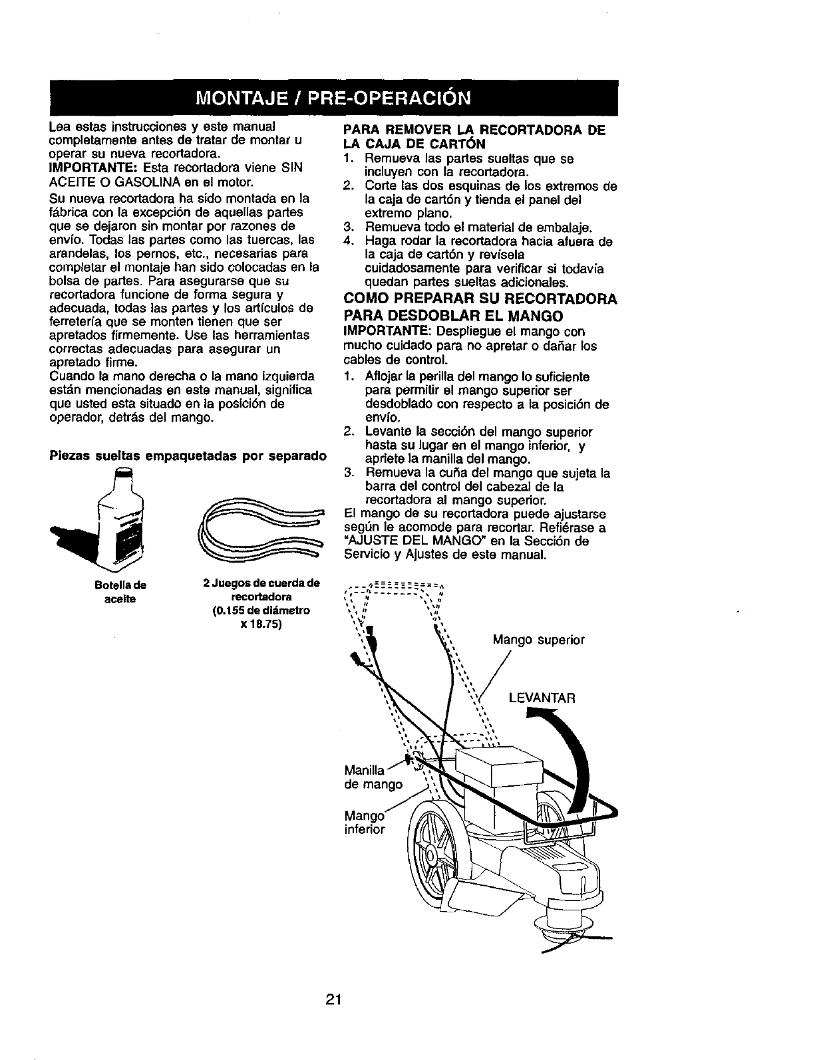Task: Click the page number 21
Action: pyautogui.click(x=333, y=981)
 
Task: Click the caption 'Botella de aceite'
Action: pyautogui.click(x=120, y=592)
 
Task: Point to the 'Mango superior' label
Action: pyautogui.click(x=538, y=640)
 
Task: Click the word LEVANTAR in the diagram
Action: pyautogui.click(x=541, y=698)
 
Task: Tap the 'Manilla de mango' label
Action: pyautogui.click(x=373, y=777)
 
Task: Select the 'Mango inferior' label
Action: pyautogui.click(x=365, y=823)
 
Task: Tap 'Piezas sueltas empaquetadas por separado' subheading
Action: pyautogui.click(x=188, y=456)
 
